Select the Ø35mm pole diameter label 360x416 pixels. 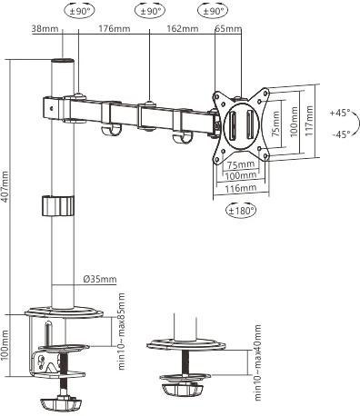pos(96,279)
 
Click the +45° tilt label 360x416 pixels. pos(341,114)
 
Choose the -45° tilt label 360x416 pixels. pos(341,134)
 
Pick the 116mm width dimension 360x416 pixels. pos(240,187)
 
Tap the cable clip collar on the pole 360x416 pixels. pos(56,204)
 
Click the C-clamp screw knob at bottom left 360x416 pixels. pos(61,399)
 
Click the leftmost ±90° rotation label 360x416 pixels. pos(79,11)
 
